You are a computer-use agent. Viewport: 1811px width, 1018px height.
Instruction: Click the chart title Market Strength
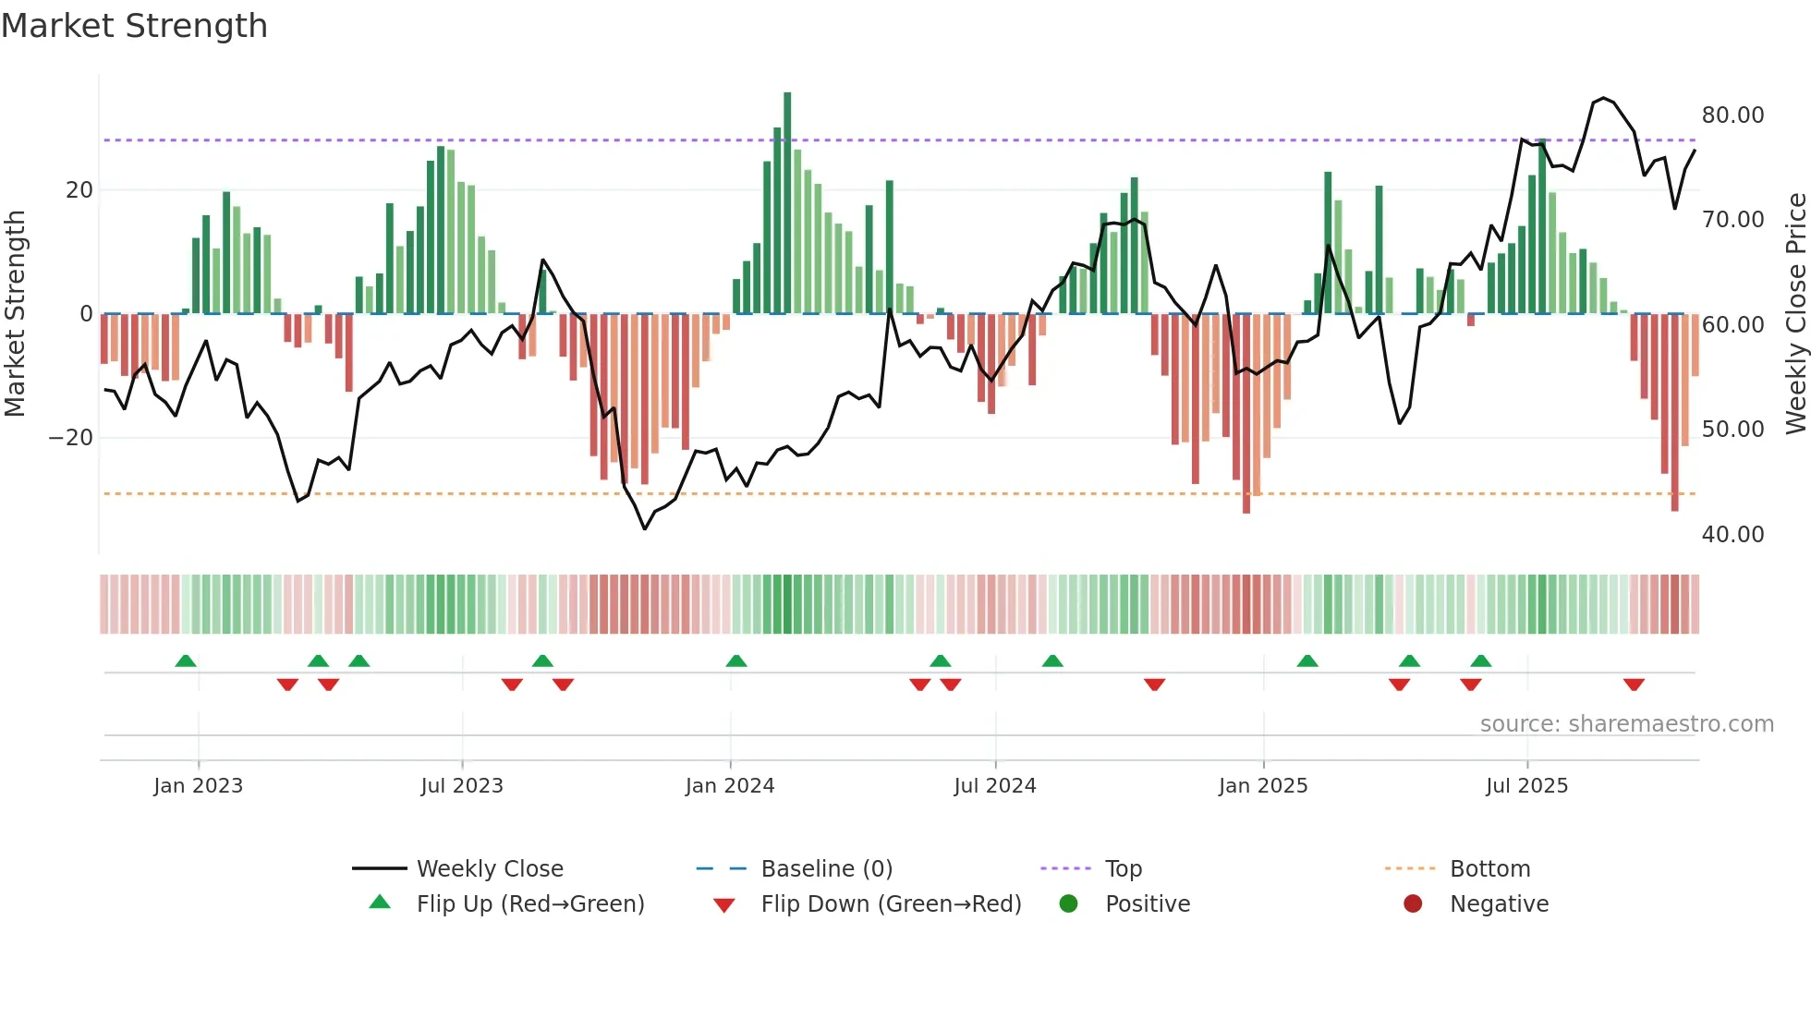[134, 26]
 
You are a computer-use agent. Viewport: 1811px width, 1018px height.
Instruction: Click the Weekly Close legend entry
[489, 868]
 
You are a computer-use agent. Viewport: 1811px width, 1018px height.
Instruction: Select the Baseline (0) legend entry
[826, 868]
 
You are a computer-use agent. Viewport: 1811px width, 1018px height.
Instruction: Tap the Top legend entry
[1123, 868]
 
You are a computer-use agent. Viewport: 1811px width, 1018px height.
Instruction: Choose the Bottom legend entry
[1489, 868]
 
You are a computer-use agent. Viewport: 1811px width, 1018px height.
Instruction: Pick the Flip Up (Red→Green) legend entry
[529, 903]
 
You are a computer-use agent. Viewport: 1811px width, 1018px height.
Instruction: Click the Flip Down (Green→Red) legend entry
[891, 903]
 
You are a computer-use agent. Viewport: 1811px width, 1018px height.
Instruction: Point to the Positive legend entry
[1147, 903]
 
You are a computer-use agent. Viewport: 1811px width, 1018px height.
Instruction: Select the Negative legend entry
[1499, 903]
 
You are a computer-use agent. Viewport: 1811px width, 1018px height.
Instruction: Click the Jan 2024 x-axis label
[730, 785]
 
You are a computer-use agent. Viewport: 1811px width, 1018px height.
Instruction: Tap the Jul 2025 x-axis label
[1526, 785]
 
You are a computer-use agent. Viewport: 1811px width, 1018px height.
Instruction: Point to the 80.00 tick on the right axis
[1732, 115]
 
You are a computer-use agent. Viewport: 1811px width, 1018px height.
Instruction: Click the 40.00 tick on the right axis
[1732, 534]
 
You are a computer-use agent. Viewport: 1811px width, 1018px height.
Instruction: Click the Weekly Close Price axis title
[1795, 313]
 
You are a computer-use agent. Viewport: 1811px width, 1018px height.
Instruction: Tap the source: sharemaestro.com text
[1626, 723]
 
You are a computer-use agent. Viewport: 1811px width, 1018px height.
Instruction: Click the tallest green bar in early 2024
[787, 203]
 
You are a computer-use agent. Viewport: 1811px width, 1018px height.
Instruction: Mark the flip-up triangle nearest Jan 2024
[736, 660]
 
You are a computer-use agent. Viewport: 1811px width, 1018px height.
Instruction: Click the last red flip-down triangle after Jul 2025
[1634, 685]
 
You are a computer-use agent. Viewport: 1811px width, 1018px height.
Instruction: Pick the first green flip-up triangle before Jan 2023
[186, 660]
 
